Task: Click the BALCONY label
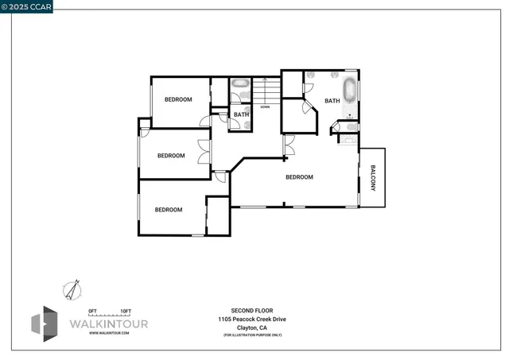click(x=372, y=178)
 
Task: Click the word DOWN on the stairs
click(x=265, y=106)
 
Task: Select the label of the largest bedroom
click(x=299, y=177)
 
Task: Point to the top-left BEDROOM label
click(x=178, y=99)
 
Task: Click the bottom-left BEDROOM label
click(x=168, y=210)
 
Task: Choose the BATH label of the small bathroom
click(x=241, y=115)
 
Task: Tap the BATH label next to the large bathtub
click(x=332, y=101)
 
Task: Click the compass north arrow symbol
click(x=73, y=289)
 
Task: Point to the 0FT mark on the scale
click(x=92, y=310)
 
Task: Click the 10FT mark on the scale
click(x=126, y=310)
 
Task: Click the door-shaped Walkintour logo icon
click(x=44, y=324)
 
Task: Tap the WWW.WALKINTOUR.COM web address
click(x=109, y=334)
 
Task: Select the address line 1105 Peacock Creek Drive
click(x=252, y=319)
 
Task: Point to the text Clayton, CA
click(x=252, y=327)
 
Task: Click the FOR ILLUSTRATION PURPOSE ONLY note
click(x=252, y=335)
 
